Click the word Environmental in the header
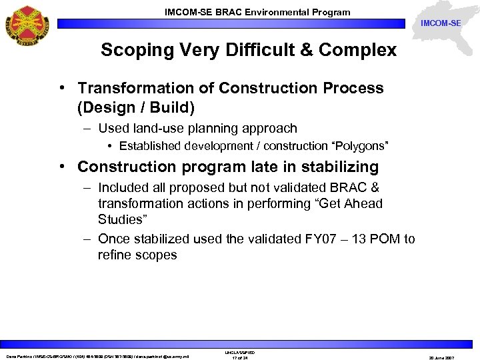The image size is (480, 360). [x=285, y=12]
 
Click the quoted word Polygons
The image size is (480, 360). [x=356, y=146]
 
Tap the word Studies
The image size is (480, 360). [x=121, y=219]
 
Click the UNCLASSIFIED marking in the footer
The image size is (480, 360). [x=240, y=353]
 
